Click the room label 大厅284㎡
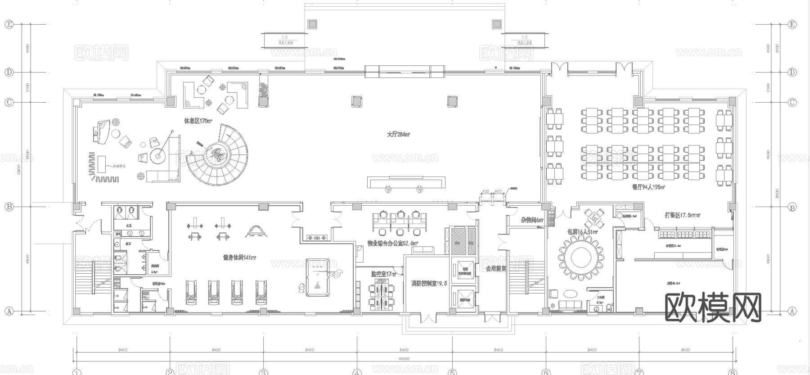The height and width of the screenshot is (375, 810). click(398, 134)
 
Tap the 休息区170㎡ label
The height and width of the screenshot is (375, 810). click(198, 121)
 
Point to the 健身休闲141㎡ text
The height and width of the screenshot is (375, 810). click(239, 258)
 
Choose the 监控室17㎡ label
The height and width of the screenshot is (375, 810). click(383, 273)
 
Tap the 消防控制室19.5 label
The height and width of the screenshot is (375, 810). click(429, 284)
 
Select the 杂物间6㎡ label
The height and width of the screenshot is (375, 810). click(532, 220)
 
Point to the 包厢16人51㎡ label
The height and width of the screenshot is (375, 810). click(582, 232)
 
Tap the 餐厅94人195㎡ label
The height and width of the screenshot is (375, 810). click(648, 186)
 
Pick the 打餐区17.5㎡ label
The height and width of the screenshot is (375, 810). click(682, 215)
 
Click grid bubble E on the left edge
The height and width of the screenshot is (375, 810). click(9, 24)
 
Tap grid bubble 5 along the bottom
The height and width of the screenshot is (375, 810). click(451, 372)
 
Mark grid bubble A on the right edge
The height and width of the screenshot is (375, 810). click(792, 311)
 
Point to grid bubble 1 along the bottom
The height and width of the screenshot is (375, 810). click(76, 372)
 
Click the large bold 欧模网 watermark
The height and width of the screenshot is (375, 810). click(713, 307)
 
